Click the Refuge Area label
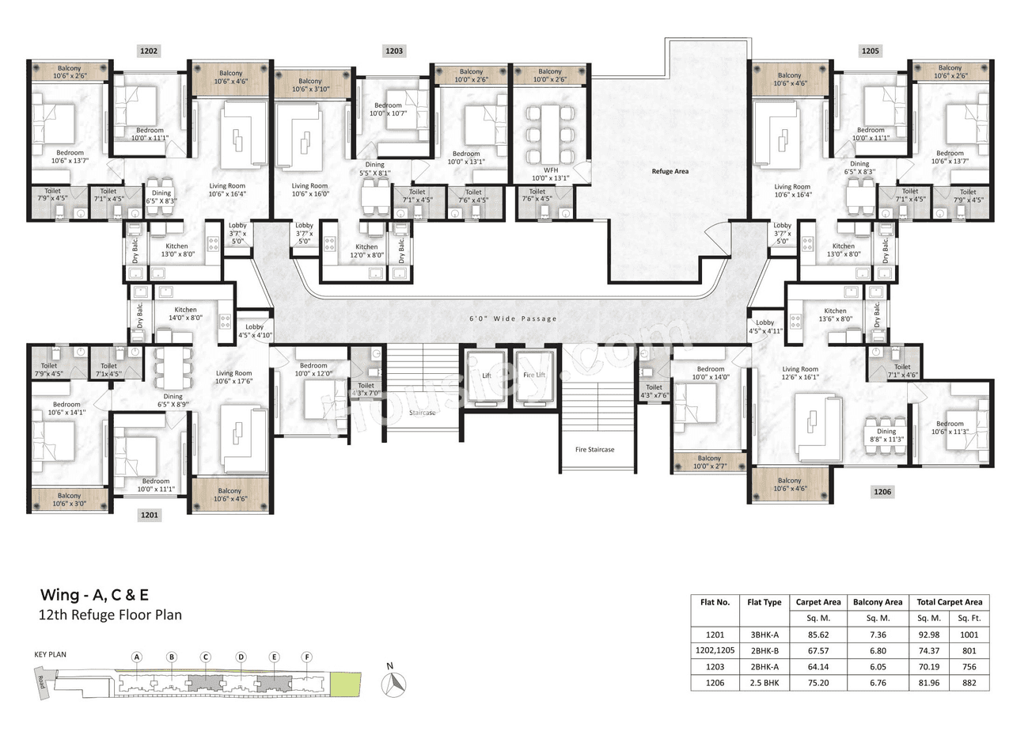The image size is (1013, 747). click(x=670, y=170)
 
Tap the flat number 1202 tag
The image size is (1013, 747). click(x=149, y=51)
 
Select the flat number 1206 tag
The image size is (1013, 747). click(x=882, y=492)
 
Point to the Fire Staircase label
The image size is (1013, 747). click(x=594, y=449)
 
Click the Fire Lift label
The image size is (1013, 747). click(x=534, y=375)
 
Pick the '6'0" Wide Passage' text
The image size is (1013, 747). click(x=513, y=318)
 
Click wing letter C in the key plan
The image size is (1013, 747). click(x=205, y=657)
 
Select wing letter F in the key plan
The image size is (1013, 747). click(x=307, y=657)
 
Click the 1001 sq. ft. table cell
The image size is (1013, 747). click(x=969, y=634)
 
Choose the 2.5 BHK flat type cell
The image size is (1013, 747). click(x=763, y=682)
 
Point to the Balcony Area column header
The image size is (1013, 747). click(x=878, y=602)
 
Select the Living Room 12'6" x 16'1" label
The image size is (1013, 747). click(x=800, y=373)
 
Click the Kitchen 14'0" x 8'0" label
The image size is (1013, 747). click(x=185, y=314)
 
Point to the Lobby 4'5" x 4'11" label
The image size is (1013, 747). click(x=764, y=326)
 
